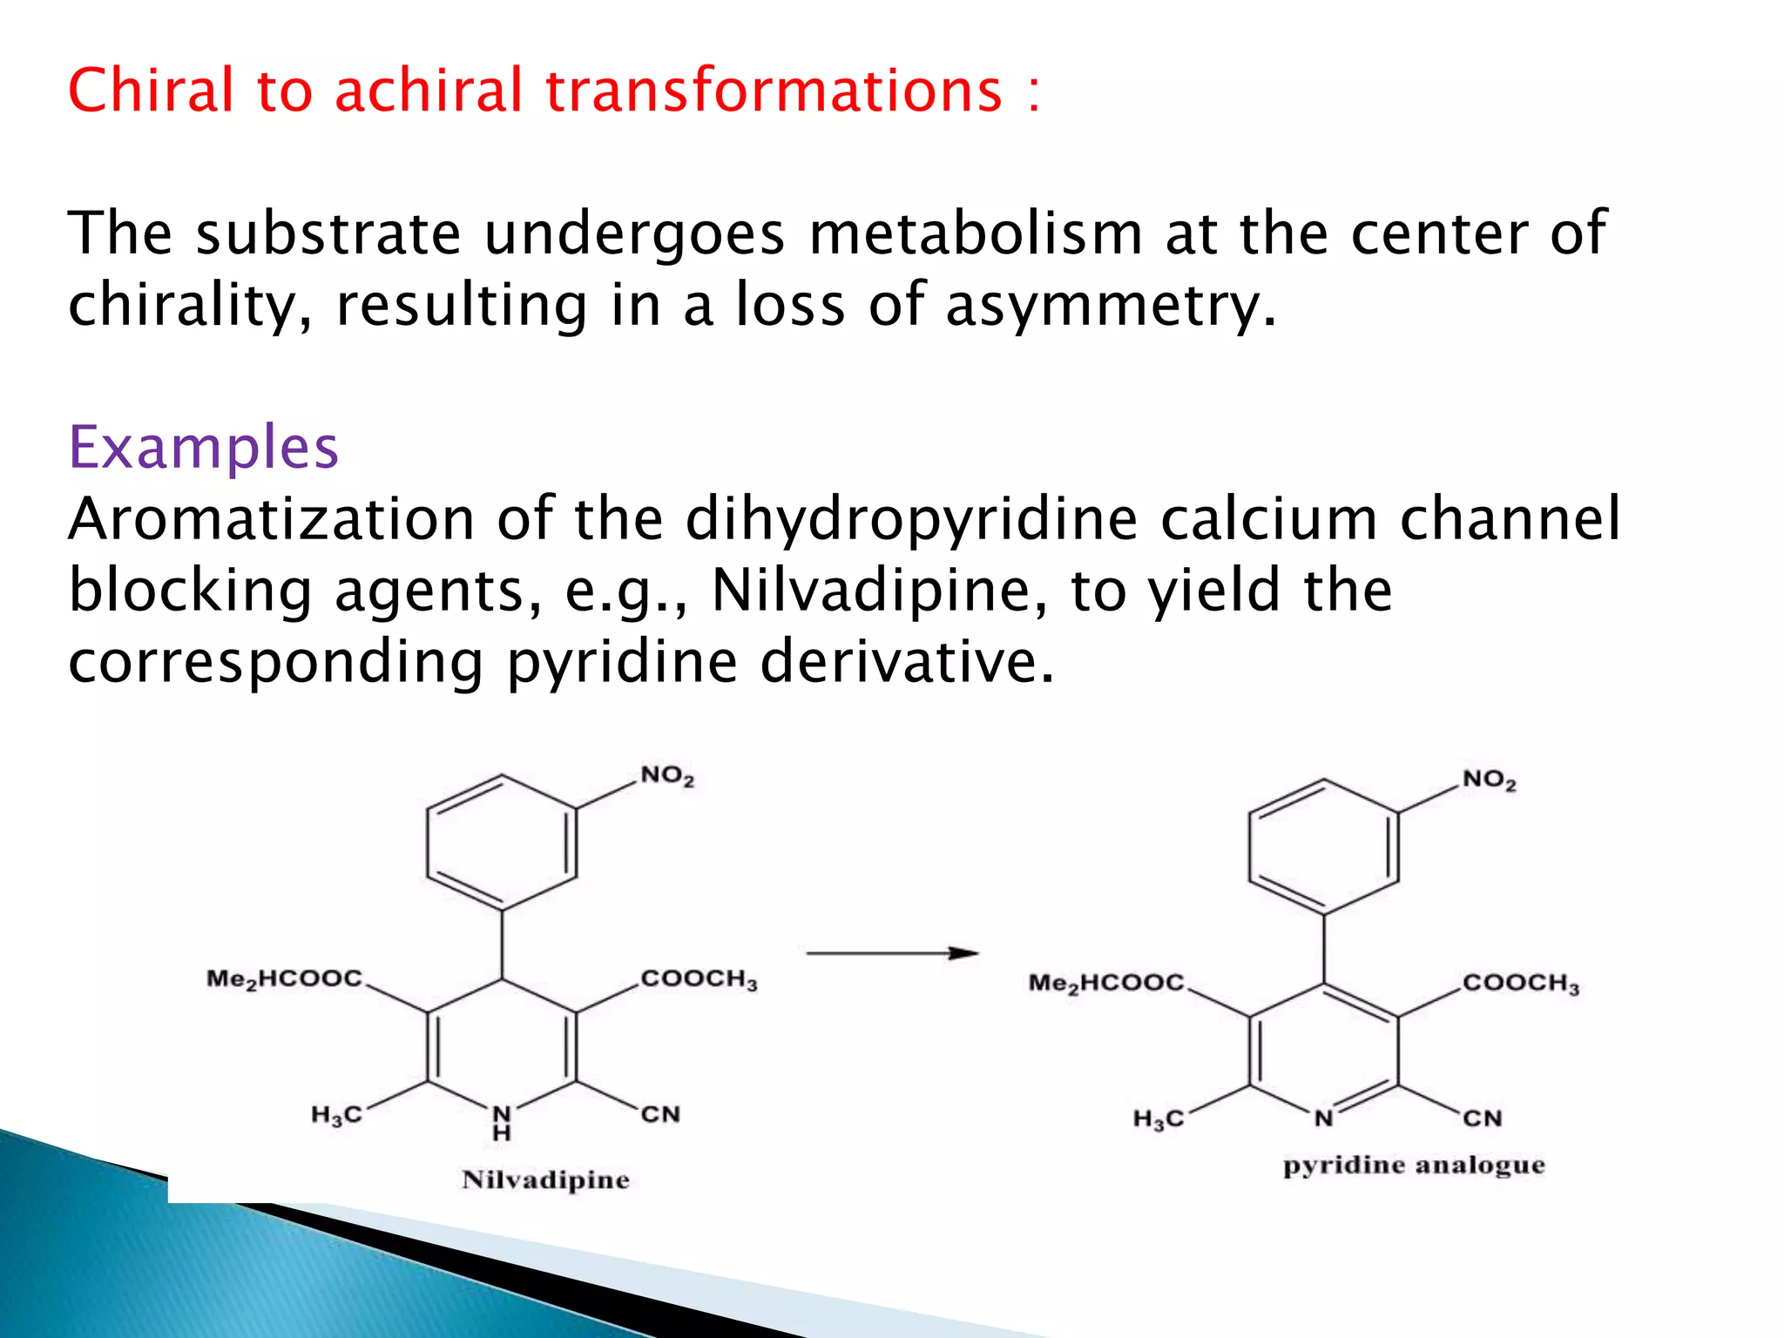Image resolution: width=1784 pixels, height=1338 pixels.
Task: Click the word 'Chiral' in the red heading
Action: click(x=151, y=90)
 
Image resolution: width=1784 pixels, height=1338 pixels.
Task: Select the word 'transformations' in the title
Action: click(x=774, y=90)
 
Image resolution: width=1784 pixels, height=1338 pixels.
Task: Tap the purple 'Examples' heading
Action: click(x=203, y=447)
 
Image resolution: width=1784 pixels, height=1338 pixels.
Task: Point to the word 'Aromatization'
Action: click(x=271, y=518)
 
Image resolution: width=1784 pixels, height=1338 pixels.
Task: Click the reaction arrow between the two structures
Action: click(x=892, y=953)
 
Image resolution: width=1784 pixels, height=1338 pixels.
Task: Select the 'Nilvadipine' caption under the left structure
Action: click(x=545, y=1179)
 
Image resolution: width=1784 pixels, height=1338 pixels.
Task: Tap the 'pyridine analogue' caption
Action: click(x=1414, y=1166)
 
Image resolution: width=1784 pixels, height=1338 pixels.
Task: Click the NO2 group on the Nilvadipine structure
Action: click(x=667, y=775)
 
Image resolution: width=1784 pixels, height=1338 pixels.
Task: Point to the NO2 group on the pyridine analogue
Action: click(x=1489, y=780)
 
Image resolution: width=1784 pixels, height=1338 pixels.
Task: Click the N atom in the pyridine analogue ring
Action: click(x=1323, y=1118)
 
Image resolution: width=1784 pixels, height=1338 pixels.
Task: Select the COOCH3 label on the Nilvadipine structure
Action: click(x=699, y=979)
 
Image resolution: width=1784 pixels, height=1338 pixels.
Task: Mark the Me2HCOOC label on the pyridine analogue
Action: click(x=1106, y=983)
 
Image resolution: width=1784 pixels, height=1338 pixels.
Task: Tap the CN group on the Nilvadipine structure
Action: click(x=660, y=1114)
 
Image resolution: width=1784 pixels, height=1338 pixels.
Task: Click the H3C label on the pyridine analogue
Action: click(x=1159, y=1118)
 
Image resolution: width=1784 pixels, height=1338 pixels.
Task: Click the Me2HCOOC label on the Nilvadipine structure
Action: click(x=284, y=979)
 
